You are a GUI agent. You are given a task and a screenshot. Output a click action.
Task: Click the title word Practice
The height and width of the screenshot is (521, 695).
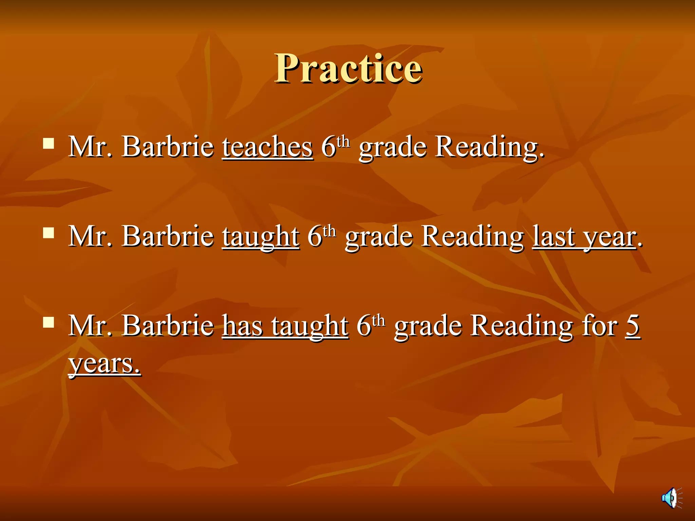click(349, 69)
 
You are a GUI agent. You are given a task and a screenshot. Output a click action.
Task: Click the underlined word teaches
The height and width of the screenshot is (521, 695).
click(267, 147)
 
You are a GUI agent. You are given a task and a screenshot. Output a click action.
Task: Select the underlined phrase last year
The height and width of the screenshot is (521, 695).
click(584, 236)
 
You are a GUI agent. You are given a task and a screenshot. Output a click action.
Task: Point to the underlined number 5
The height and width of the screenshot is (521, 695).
click(633, 326)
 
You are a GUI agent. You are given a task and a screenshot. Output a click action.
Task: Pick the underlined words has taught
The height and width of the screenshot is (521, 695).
click(285, 326)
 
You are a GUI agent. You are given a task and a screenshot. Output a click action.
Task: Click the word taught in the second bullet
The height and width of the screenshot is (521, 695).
click(261, 236)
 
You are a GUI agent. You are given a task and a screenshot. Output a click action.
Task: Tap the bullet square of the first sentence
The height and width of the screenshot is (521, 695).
click(49, 143)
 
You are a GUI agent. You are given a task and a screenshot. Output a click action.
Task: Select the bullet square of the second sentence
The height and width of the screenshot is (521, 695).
click(49, 233)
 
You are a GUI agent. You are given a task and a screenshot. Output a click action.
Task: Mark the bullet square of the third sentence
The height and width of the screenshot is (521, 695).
click(49, 323)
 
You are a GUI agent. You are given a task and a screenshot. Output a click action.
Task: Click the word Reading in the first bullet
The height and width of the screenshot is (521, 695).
click(489, 147)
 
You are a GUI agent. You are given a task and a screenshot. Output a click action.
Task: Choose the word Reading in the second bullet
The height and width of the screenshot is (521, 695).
click(473, 236)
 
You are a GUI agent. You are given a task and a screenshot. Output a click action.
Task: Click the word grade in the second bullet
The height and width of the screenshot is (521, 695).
click(379, 236)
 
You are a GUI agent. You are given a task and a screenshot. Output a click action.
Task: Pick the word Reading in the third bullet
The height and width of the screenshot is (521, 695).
click(522, 326)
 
